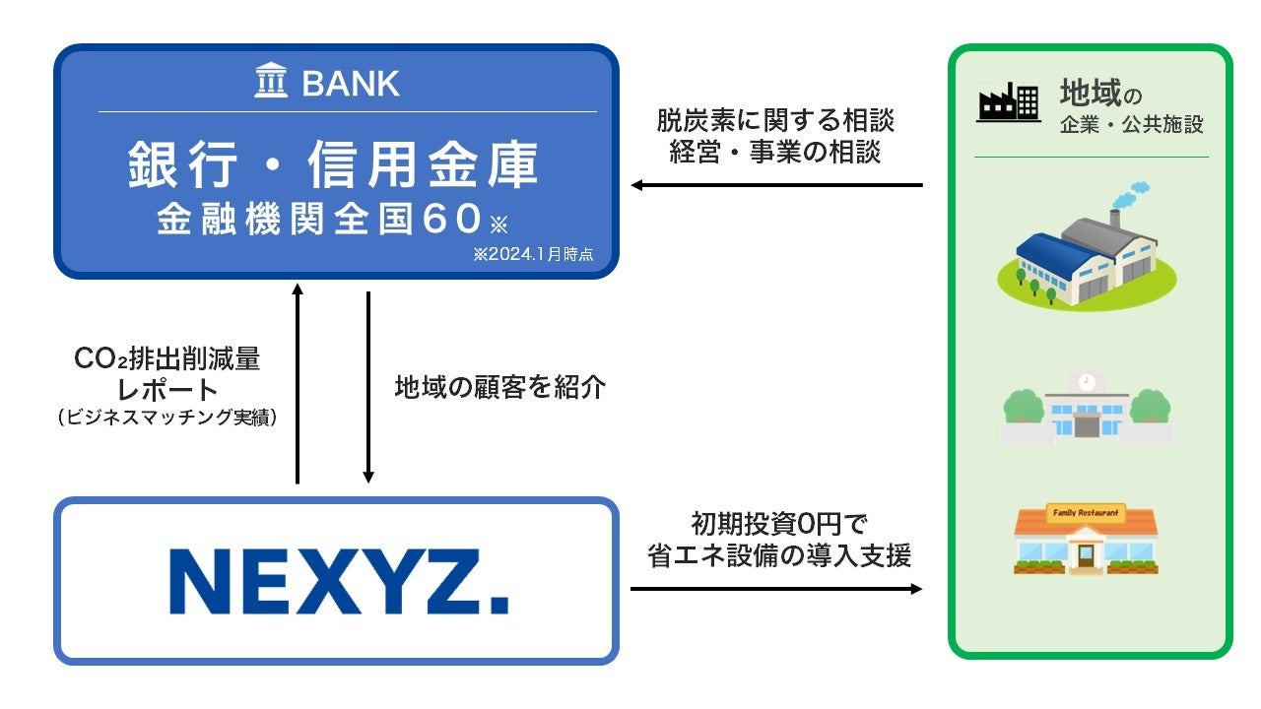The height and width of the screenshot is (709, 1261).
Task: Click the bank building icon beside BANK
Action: (x=272, y=82)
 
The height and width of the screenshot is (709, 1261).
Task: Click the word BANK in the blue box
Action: (x=351, y=84)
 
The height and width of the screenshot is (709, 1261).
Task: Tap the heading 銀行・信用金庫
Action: (x=334, y=164)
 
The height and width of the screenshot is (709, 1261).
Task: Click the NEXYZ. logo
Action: (x=338, y=581)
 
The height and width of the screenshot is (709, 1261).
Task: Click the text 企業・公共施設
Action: (x=1132, y=126)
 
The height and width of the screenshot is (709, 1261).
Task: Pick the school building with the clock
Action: (x=1087, y=405)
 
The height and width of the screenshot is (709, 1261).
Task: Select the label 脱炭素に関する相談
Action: (x=775, y=121)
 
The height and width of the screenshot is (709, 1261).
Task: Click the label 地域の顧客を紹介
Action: (x=499, y=387)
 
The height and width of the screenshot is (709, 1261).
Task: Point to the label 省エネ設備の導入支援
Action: (x=778, y=555)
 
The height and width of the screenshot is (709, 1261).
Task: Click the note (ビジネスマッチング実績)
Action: (x=167, y=418)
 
